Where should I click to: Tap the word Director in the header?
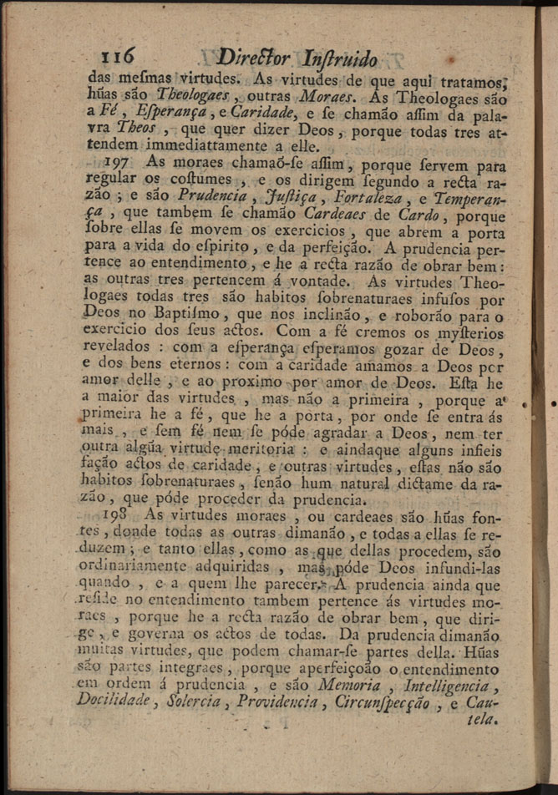tap(252, 58)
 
